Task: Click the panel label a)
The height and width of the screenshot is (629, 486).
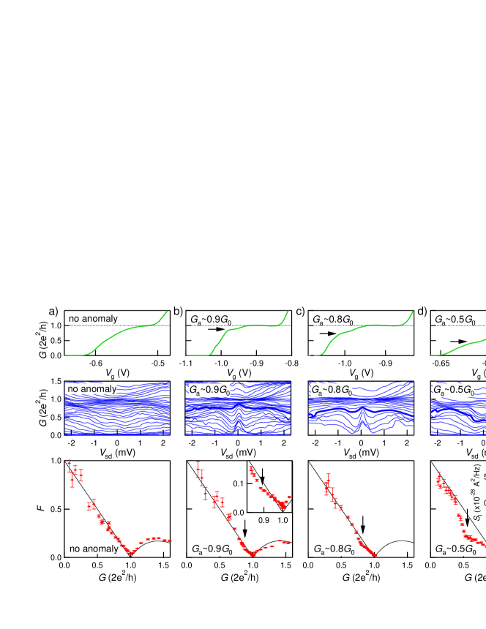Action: [x=53, y=312]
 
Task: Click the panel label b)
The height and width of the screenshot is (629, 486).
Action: [x=178, y=312]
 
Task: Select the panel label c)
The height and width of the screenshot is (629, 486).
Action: [x=300, y=312]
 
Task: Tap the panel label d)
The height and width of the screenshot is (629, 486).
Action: [x=422, y=312]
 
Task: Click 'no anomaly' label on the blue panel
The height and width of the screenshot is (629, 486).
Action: [x=91, y=389]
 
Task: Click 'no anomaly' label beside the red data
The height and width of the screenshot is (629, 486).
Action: [x=93, y=549]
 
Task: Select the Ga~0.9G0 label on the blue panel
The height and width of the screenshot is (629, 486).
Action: [x=209, y=391]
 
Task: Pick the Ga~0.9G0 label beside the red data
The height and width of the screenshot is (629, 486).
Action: [x=212, y=549]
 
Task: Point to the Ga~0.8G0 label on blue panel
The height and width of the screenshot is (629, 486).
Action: [x=331, y=391]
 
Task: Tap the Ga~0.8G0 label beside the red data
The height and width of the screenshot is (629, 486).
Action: [x=334, y=549]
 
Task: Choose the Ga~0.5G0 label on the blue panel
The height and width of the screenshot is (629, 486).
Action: [x=453, y=391]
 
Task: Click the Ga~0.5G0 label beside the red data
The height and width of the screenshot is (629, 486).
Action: [x=455, y=549]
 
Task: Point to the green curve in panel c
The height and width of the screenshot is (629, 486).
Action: [x=366, y=326]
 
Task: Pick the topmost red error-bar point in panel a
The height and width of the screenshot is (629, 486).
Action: [x=69, y=464]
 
